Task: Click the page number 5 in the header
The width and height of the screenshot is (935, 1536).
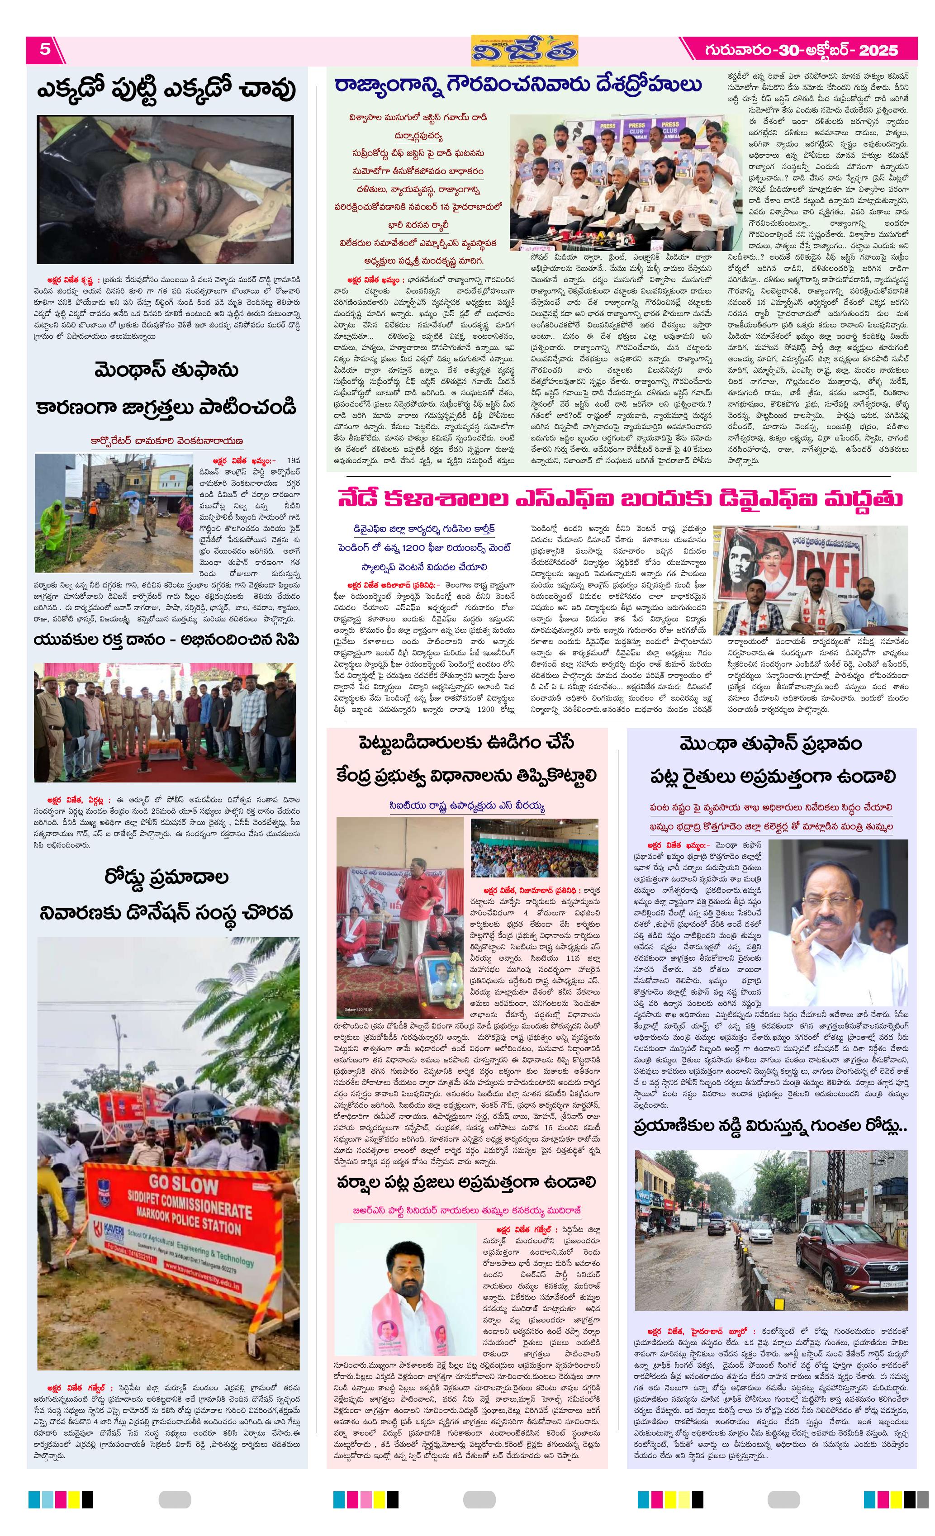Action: (x=45, y=49)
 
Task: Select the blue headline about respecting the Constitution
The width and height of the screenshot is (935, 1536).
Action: (x=518, y=86)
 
